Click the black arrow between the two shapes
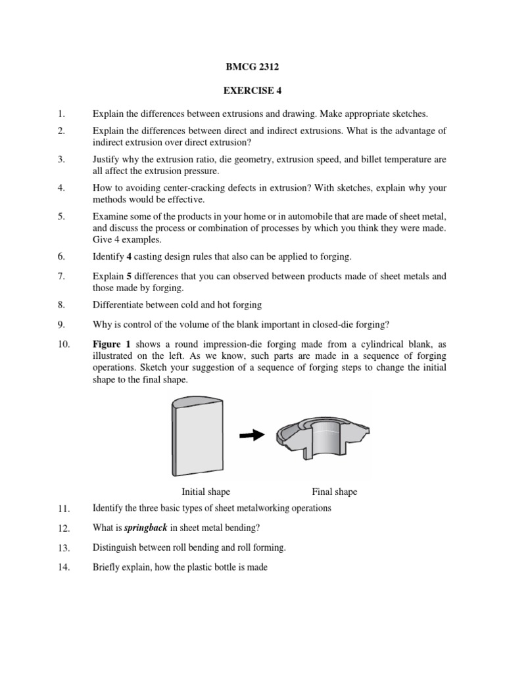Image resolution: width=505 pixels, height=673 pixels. (252, 435)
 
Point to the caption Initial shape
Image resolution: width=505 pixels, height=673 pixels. (206, 492)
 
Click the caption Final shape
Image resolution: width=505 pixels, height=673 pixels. (334, 492)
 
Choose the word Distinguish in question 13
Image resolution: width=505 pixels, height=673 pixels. (116, 547)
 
